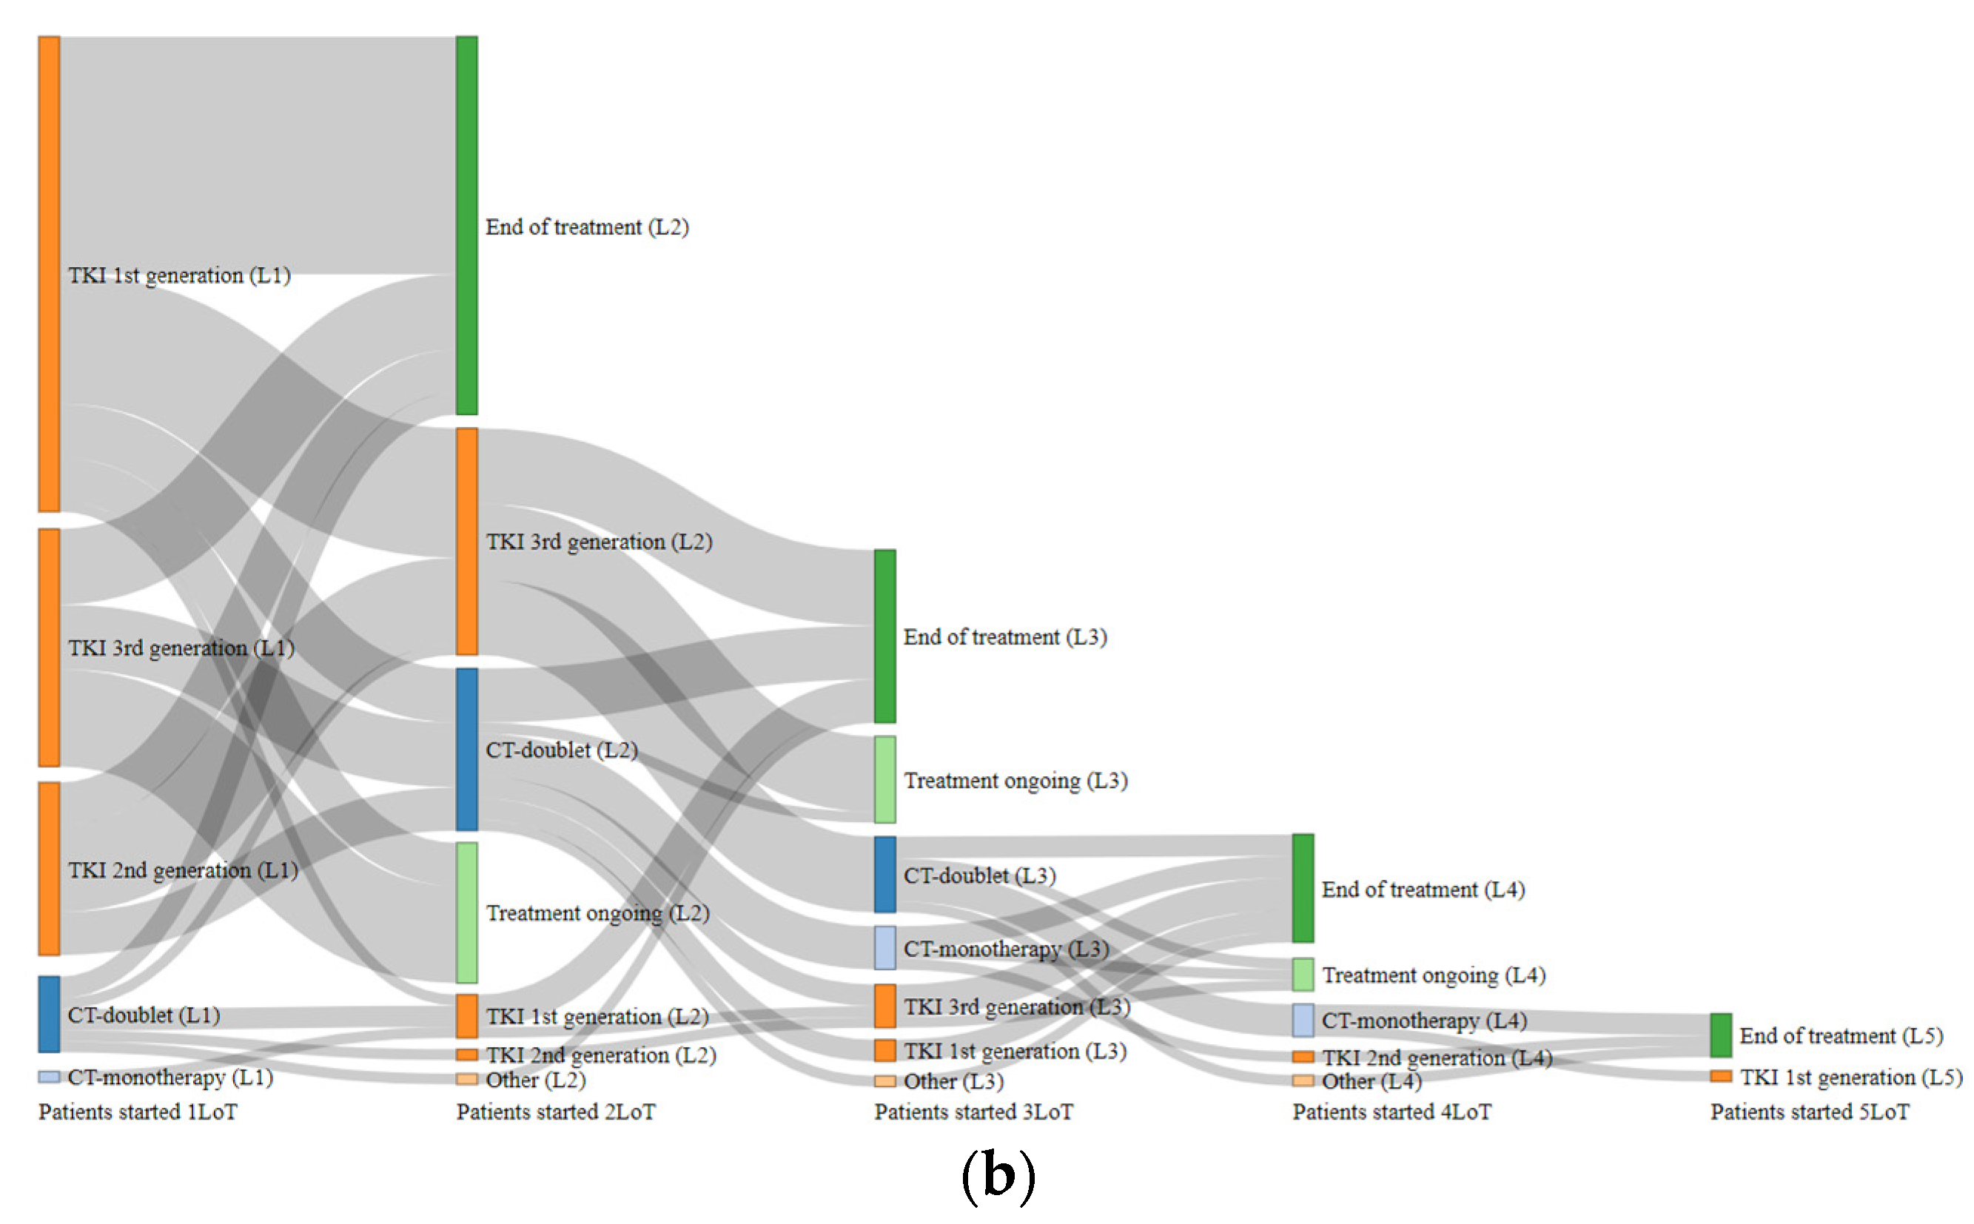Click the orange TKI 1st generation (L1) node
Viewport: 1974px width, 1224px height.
[x=49, y=274]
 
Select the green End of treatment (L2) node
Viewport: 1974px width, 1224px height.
[x=466, y=225]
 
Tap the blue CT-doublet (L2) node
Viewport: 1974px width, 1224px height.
[x=466, y=749]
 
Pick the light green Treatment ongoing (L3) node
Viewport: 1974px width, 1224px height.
[x=884, y=779]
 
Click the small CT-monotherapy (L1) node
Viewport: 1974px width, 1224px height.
[x=49, y=1077]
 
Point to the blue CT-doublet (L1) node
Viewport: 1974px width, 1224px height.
[x=49, y=1014]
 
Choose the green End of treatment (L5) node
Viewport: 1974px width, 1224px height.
[x=1720, y=1035]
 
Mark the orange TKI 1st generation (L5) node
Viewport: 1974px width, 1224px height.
[x=1720, y=1076]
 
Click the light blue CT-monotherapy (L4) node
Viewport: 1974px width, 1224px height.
[x=1302, y=1020]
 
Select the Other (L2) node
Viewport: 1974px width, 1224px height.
[x=466, y=1079]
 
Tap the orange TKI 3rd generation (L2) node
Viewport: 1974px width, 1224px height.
[x=466, y=541]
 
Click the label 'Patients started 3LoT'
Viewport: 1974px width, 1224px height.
[x=973, y=1112]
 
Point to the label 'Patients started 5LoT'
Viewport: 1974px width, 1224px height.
[x=1809, y=1112]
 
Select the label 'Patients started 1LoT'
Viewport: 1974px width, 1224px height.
[x=138, y=1112]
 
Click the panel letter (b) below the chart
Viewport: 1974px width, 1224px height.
[x=998, y=1175]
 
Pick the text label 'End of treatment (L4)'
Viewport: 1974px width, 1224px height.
[x=1423, y=889]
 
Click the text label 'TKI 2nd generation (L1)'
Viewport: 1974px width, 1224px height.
[x=183, y=870]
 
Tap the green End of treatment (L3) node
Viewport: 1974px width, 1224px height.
[x=884, y=636]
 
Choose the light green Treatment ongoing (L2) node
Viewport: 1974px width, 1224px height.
[x=466, y=912]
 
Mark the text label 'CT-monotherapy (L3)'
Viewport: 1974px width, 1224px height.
[x=1006, y=948]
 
